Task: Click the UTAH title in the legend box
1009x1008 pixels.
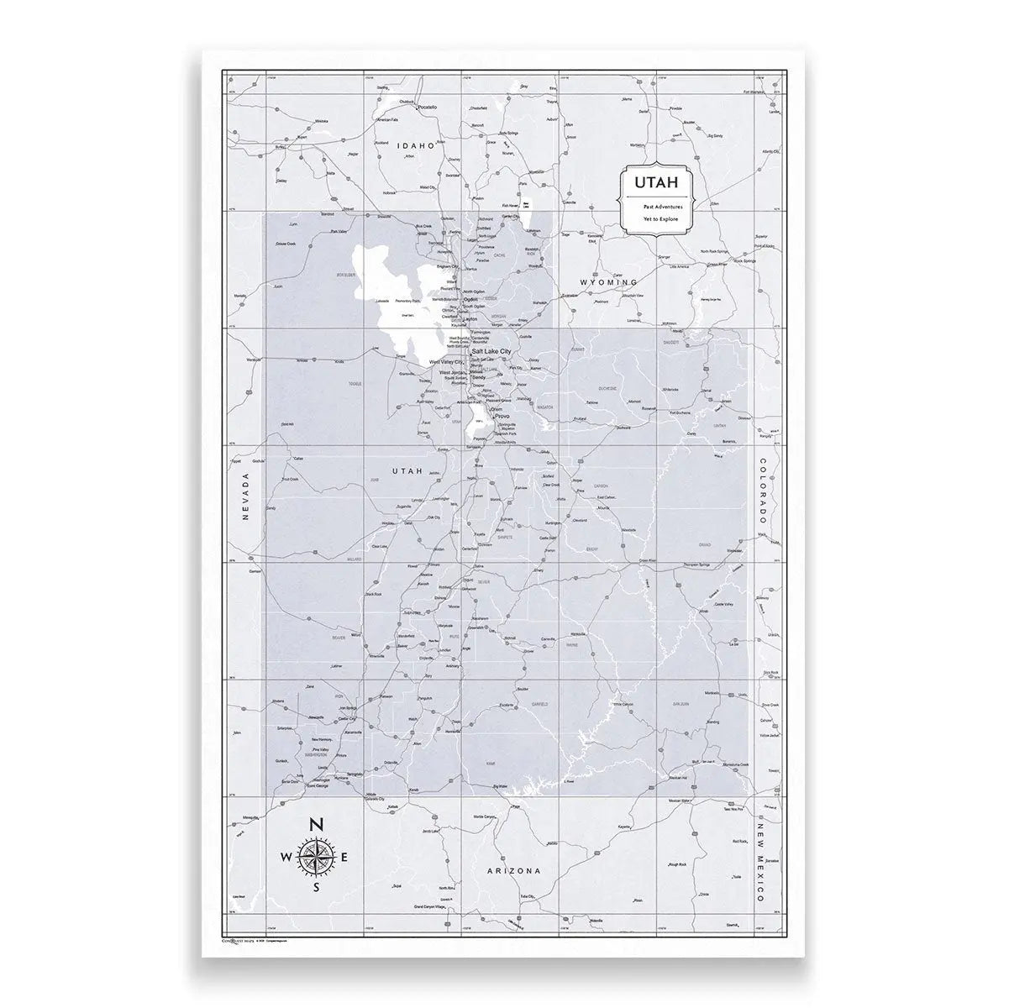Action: pyautogui.click(x=651, y=181)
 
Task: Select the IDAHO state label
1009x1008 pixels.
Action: pyautogui.click(x=418, y=145)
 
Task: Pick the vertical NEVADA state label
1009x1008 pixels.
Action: pyautogui.click(x=246, y=497)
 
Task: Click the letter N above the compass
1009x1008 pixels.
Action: pyautogui.click(x=317, y=824)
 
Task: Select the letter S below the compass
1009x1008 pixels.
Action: pyautogui.click(x=317, y=887)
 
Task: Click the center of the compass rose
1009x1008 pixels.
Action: pyautogui.click(x=317, y=856)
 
